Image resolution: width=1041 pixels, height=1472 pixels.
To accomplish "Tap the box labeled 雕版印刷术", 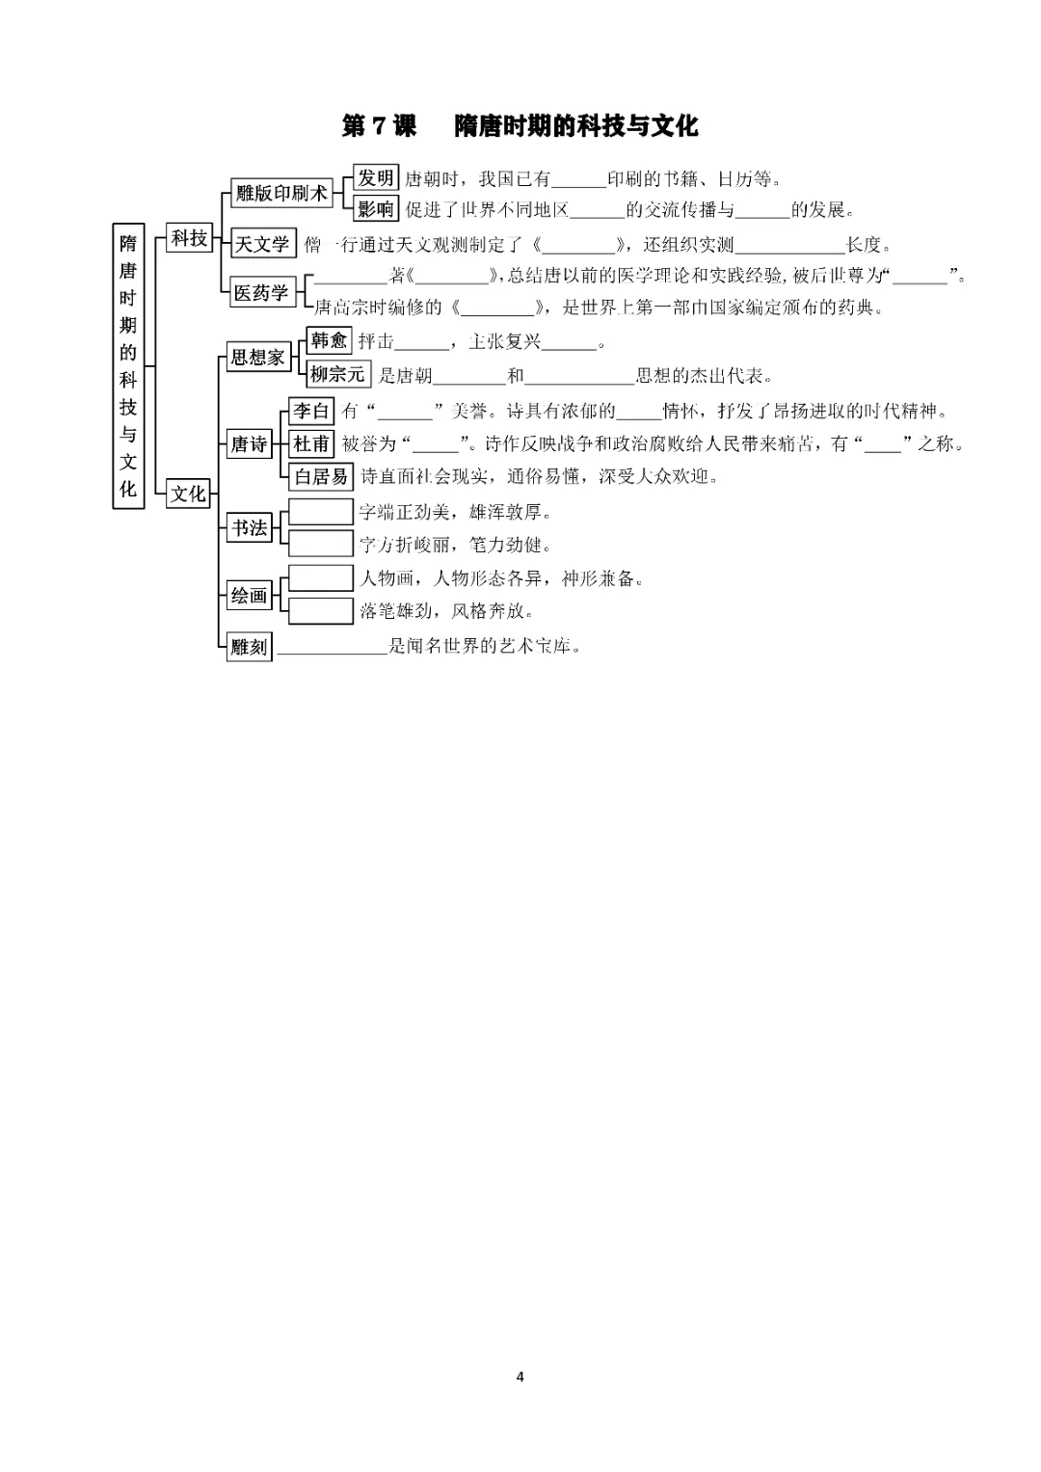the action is (281, 193).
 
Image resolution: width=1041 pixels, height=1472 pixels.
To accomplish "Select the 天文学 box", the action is (261, 244).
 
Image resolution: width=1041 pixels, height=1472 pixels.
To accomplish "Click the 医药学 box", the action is (261, 292).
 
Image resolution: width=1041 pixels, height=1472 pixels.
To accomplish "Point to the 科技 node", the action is (189, 238).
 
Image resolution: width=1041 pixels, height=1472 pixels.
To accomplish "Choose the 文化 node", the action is (188, 493).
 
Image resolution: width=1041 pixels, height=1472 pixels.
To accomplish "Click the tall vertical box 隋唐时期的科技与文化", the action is (128, 366).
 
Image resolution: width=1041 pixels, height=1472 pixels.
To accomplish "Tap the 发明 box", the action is (376, 177).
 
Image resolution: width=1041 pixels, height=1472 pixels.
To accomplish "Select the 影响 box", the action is (376, 209).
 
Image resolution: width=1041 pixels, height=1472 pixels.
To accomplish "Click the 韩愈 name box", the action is (330, 340).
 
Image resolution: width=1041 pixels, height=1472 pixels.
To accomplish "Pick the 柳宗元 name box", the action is (338, 374).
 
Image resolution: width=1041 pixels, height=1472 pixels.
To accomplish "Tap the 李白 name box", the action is (310, 411).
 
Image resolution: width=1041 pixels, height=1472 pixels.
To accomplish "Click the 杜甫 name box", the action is (310, 443).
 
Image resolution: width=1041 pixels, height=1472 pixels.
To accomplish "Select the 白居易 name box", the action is (321, 476).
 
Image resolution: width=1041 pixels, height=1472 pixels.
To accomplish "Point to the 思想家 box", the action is (258, 357).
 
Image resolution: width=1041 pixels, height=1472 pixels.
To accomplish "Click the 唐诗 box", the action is (249, 444).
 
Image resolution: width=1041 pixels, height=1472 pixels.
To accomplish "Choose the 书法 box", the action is (249, 527).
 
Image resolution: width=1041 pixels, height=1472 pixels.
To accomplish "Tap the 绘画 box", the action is (249, 596).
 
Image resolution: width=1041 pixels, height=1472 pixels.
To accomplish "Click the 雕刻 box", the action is (249, 647).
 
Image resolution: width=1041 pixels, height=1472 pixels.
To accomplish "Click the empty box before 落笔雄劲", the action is (321, 610).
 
